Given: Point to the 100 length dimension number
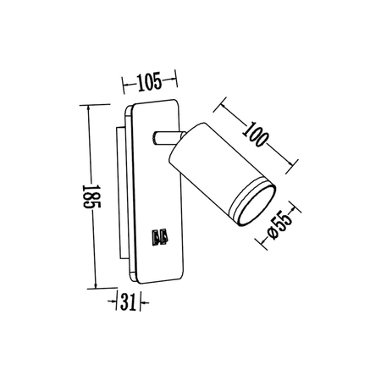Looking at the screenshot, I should [x=261, y=134].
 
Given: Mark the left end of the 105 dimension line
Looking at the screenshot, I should [x=124, y=83].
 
